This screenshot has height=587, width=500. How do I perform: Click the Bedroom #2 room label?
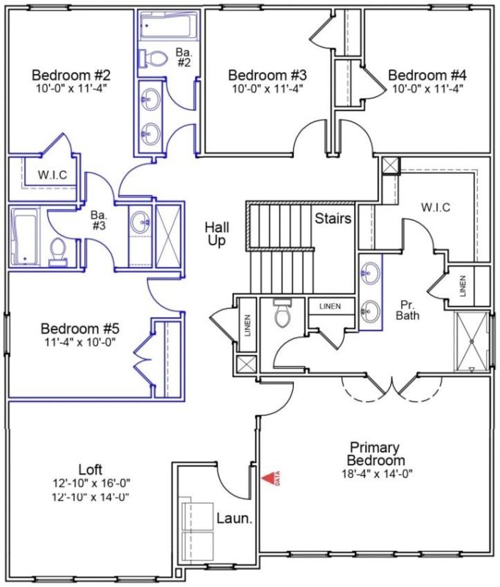[x=71, y=76]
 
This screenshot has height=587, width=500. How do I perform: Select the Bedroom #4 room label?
[x=427, y=76]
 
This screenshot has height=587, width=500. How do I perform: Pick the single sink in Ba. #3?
[x=141, y=219]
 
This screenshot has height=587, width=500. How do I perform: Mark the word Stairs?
[x=333, y=219]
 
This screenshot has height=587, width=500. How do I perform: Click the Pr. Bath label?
[x=408, y=310]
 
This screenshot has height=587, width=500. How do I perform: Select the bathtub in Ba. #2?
[x=166, y=28]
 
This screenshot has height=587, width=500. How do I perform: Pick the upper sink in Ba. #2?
[x=150, y=97]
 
